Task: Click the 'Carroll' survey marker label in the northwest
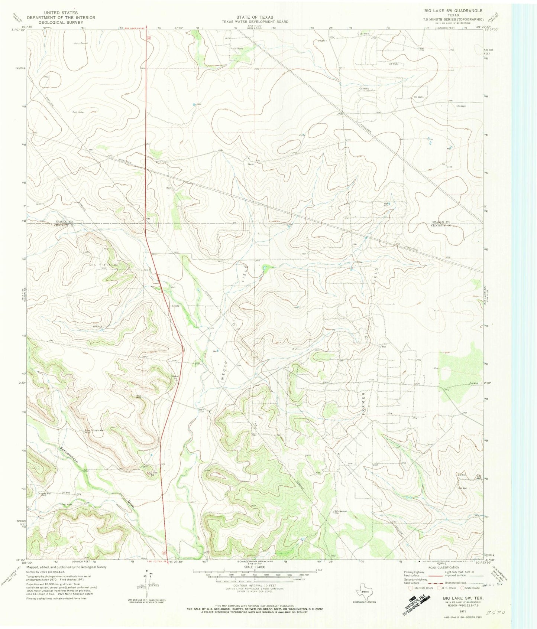(83, 43)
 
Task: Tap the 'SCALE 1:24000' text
(255, 568)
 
